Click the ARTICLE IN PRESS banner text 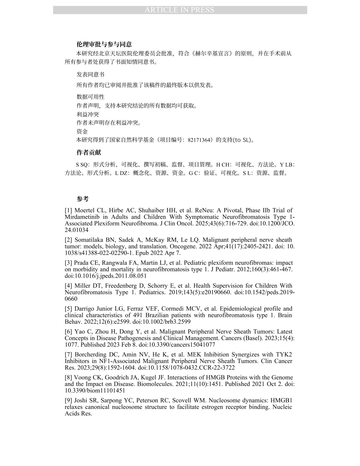coord(179,10)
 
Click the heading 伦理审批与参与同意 coord(104,44)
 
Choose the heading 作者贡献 coord(89,153)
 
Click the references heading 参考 coord(83,199)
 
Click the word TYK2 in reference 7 coord(284,355)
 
